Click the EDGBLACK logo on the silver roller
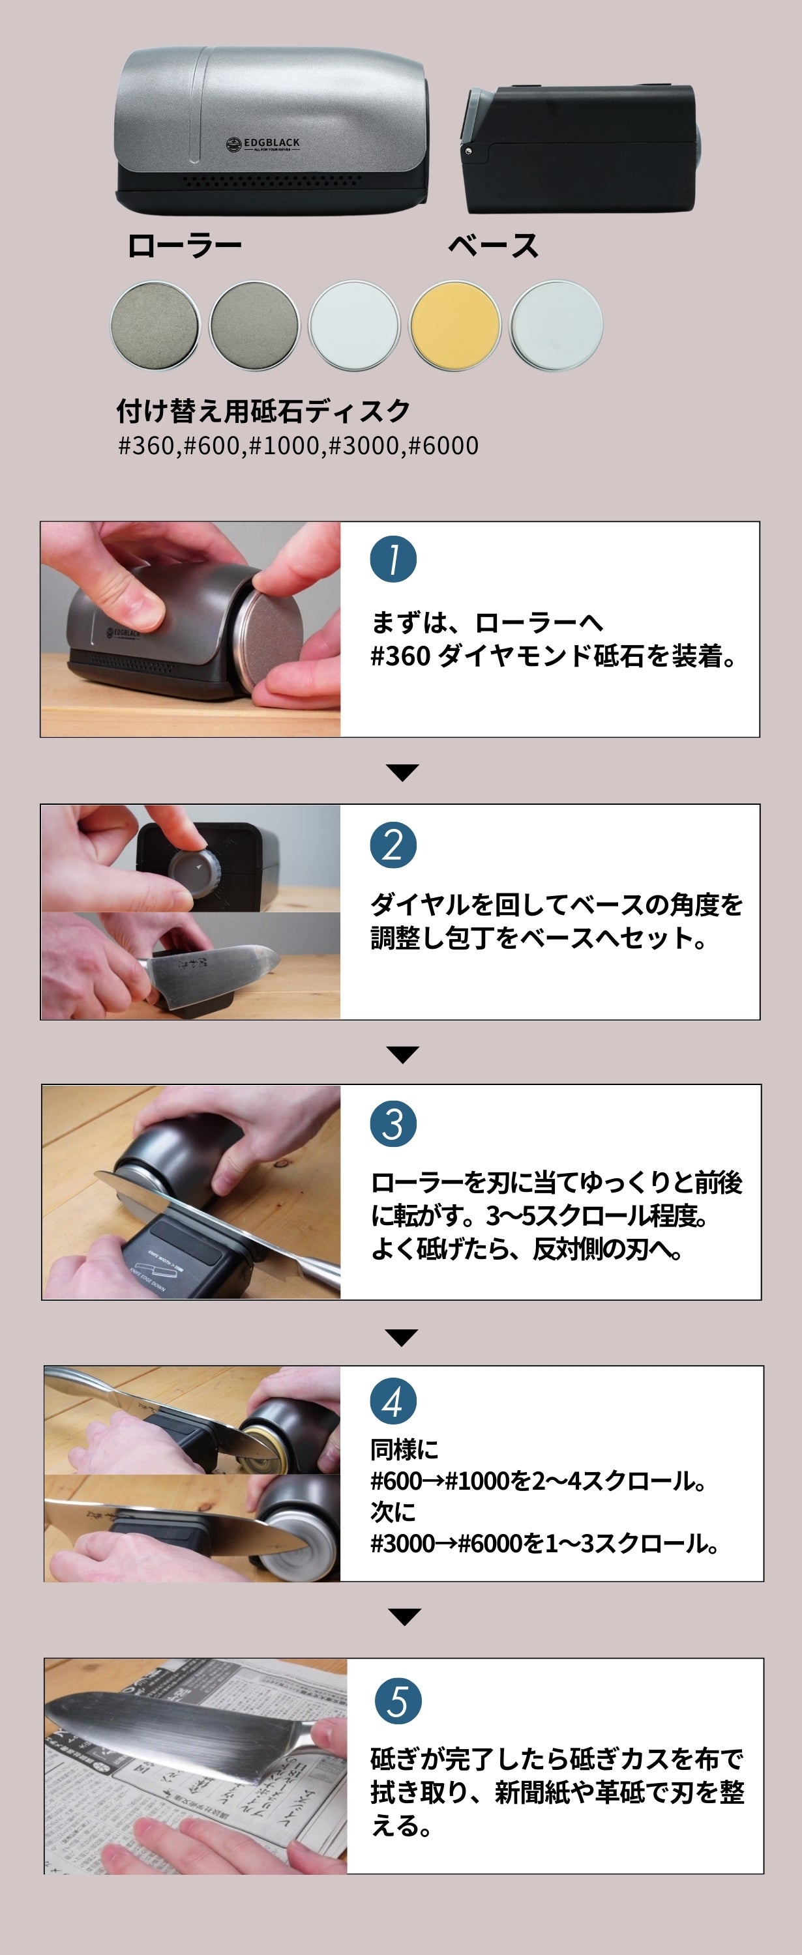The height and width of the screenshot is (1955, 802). tap(263, 144)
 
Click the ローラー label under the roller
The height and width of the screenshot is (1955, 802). tap(185, 246)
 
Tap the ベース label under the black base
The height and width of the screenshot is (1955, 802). tap(493, 246)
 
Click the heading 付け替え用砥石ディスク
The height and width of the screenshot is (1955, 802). tap(263, 411)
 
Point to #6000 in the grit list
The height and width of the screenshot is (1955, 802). tap(443, 446)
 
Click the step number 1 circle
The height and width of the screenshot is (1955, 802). tap(393, 559)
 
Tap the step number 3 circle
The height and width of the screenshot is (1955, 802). tap(393, 1124)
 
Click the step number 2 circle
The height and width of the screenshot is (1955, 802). tap(393, 845)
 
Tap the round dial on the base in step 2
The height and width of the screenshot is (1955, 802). tap(194, 871)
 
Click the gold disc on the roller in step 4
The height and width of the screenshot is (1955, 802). tap(262, 1440)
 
